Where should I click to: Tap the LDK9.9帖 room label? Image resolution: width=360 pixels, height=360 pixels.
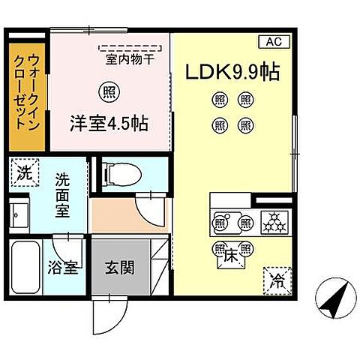(233, 72)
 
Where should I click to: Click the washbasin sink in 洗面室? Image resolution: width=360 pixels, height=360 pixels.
(20, 215)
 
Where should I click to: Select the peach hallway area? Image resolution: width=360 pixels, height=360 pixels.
(112, 216)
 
